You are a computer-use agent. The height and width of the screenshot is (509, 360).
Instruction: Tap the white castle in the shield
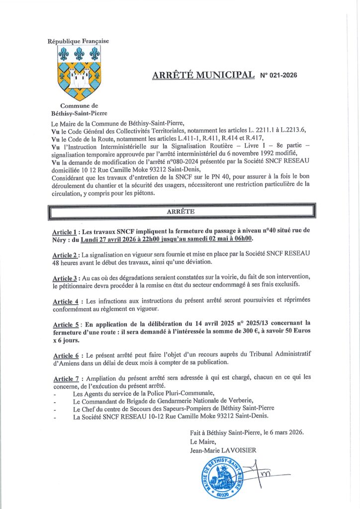coord(79,77)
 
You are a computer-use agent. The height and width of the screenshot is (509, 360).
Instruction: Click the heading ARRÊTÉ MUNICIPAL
coord(202,75)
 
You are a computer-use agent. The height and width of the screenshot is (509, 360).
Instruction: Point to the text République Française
coord(78,41)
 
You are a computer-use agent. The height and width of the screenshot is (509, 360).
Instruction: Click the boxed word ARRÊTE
coord(180,211)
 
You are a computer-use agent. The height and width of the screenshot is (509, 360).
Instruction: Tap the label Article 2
coord(65,254)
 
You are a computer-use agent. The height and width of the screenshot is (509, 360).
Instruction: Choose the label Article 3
coord(65,276)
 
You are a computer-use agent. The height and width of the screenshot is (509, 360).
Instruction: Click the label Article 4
coord(65,301)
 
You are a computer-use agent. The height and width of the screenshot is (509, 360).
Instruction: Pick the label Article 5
coord(65,323)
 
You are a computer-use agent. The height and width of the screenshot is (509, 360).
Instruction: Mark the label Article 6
coord(65,355)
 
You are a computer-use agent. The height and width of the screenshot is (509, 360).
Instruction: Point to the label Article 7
coord(65,377)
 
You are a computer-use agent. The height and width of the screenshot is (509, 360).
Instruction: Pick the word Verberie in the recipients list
coord(239,401)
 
